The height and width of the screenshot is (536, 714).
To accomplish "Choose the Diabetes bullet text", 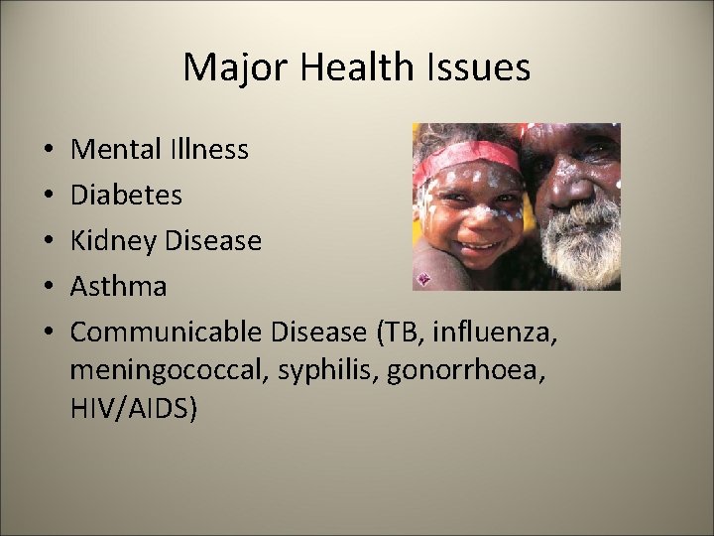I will (127, 195).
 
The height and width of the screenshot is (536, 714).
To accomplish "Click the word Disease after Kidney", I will (213, 241).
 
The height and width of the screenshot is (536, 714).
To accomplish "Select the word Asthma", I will (119, 287).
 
